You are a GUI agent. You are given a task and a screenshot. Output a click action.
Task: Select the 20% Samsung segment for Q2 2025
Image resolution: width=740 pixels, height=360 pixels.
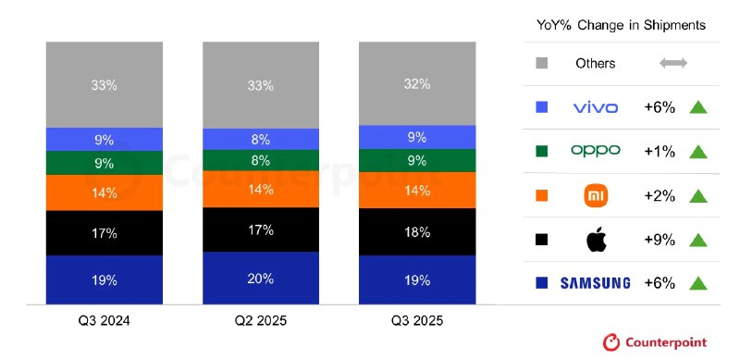(260, 278)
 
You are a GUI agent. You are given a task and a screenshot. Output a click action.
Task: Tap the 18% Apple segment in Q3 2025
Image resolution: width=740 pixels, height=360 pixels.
(416, 231)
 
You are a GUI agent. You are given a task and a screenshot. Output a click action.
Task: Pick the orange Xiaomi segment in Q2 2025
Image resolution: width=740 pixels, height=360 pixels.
(260, 189)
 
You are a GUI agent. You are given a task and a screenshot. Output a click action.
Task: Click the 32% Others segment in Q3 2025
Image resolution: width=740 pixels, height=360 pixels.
(416, 83)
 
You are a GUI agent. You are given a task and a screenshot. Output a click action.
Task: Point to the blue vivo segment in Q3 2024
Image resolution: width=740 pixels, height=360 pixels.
(105, 140)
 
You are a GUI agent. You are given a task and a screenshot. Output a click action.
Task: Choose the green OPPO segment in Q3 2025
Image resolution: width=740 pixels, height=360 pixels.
(416, 160)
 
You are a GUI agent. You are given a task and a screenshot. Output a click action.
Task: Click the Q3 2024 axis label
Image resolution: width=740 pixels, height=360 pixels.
(105, 321)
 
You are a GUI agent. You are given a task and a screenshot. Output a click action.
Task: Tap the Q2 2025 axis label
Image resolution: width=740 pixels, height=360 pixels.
(260, 321)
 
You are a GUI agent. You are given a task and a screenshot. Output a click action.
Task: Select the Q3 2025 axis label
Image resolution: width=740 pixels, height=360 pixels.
(416, 321)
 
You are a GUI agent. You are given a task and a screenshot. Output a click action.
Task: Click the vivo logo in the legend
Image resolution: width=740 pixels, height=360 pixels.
(595, 107)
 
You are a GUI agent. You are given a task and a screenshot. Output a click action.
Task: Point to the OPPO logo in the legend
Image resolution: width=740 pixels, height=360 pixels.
(595, 151)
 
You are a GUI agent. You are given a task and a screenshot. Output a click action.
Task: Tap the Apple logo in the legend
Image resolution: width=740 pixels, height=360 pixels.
(596, 240)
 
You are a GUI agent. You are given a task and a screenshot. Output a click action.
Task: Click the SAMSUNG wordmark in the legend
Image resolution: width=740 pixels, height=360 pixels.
(595, 283)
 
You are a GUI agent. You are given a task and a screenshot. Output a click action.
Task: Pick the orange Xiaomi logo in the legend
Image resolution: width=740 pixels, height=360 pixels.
(596, 195)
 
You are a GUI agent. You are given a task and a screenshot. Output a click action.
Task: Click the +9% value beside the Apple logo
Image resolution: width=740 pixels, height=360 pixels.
(660, 240)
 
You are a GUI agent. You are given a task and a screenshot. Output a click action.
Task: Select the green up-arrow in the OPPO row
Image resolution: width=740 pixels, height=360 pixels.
(697, 151)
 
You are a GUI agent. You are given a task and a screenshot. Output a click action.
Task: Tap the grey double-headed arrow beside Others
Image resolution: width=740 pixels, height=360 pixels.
(673, 64)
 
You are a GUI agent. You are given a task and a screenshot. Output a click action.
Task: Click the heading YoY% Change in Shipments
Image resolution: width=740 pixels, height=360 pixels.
(621, 25)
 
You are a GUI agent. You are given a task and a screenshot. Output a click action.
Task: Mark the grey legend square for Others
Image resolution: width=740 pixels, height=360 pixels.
(542, 64)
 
